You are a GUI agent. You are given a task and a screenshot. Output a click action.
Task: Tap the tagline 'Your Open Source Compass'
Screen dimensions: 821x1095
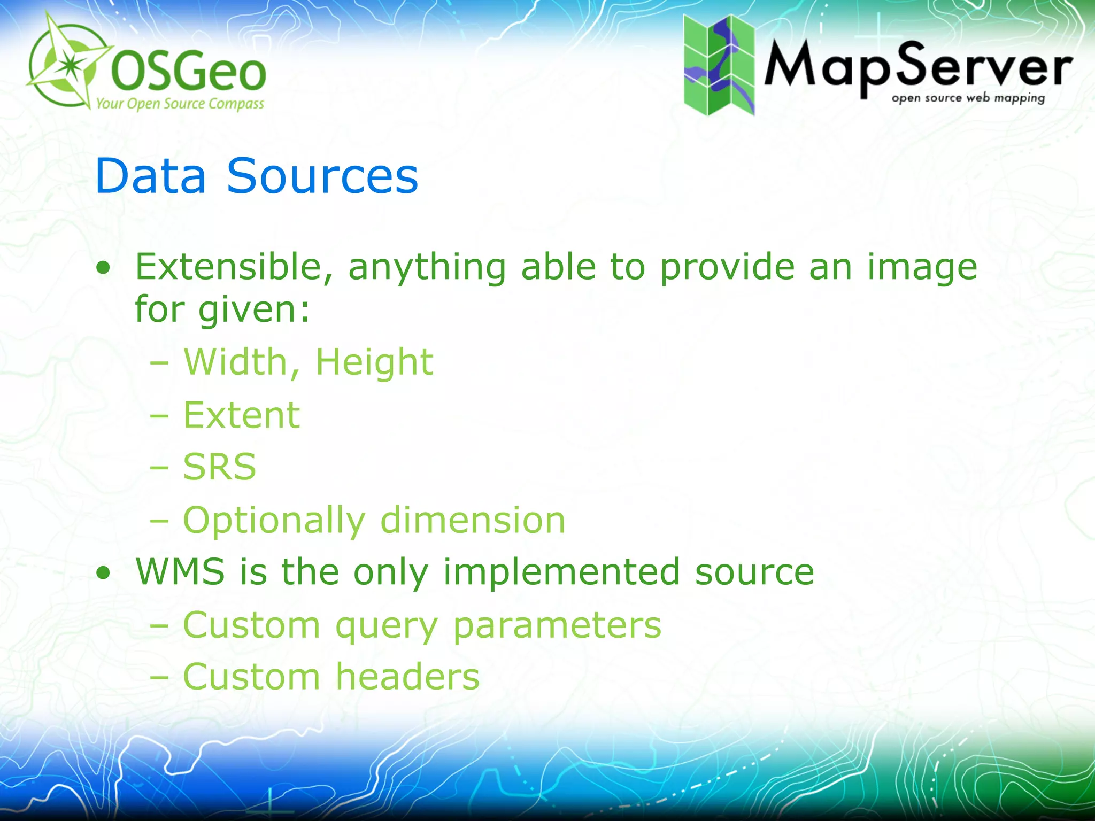(x=180, y=104)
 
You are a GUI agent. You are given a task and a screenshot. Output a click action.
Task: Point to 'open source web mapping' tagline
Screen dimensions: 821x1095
(x=968, y=98)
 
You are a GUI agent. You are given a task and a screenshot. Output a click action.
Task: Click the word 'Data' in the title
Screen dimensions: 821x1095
(x=150, y=176)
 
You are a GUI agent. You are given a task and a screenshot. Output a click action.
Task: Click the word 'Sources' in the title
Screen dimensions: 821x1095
(x=322, y=176)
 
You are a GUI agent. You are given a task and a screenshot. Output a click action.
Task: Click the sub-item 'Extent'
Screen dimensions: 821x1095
(x=242, y=415)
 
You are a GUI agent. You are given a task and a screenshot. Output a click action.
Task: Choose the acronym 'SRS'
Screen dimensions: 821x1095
(x=219, y=467)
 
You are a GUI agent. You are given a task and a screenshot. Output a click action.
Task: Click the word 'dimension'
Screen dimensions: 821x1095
(x=473, y=520)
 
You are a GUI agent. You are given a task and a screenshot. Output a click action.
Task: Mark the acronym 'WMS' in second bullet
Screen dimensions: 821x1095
(x=180, y=572)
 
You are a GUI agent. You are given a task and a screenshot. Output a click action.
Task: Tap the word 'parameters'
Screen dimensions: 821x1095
(x=557, y=625)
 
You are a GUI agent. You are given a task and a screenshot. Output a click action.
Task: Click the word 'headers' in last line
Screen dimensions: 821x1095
(x=407, y=677)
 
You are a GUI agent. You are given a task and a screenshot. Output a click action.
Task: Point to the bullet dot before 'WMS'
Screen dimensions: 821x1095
(x=104, y=574)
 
